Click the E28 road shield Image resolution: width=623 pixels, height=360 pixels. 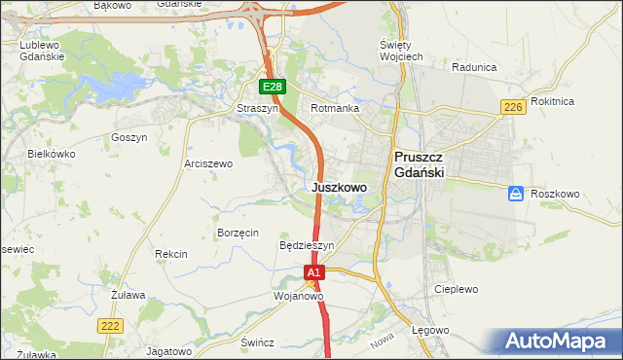(x=273, y=88)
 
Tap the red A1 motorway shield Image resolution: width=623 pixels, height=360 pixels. (x=312, y=274)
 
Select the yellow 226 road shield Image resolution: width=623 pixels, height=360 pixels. (x=514, y=107)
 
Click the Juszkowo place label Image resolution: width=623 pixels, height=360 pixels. (x=339, y=187)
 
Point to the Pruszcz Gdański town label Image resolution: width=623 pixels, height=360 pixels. (x=420, y=163)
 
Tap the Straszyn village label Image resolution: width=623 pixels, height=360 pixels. (x=258, y=109)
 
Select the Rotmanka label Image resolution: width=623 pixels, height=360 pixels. (x=335, y=109)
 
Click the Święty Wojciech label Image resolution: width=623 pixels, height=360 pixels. (x=400, y=52)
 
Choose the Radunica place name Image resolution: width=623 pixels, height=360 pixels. (x=475, y=67)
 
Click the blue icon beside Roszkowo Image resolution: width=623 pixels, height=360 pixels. (x=516, y=195)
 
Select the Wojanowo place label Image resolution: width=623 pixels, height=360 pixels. (x=298, y=295)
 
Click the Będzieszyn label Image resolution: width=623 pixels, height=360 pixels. (x=307, y=245)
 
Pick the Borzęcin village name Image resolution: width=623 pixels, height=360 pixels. (x=238, y=234)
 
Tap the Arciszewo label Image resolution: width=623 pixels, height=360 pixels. (x=208, y=164)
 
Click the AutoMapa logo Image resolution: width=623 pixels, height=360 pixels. (x=560, y=342)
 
